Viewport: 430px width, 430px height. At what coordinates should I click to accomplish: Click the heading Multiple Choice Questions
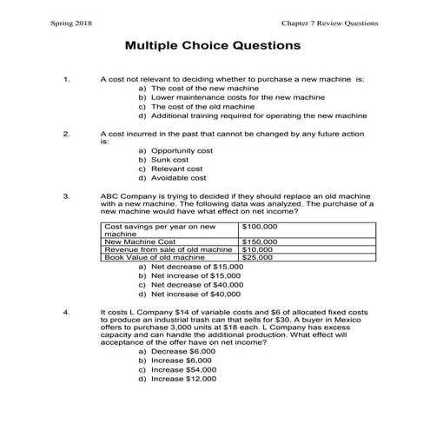pos(213,43)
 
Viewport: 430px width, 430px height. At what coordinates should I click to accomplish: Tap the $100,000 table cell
pos(261,226)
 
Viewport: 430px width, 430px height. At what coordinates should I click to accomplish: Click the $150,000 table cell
pos(261,241)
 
